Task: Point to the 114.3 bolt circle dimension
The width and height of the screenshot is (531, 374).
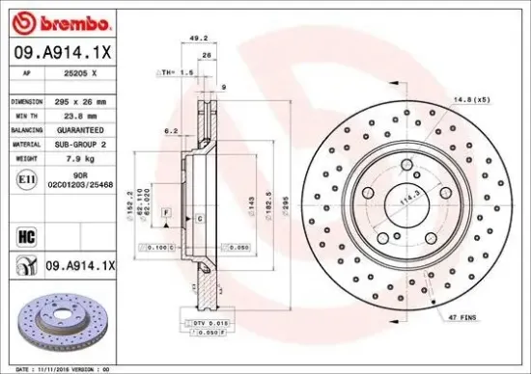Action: click(x=410, y=197)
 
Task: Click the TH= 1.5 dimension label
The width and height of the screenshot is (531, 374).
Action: click(x=175, y=72)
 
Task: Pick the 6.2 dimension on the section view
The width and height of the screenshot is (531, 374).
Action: click(x=170, y=129)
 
